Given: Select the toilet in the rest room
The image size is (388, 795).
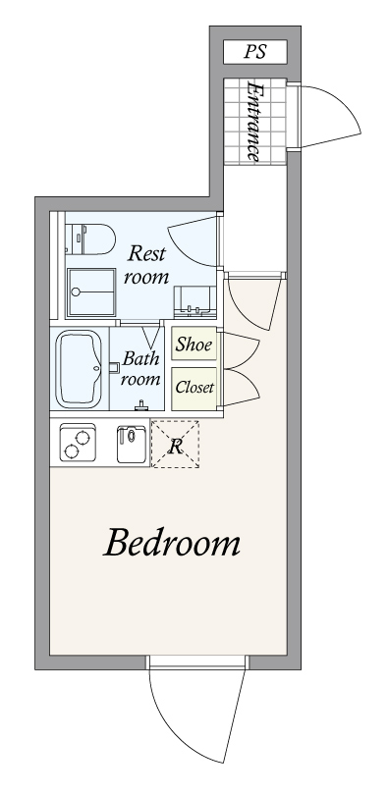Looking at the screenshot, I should point(90,238).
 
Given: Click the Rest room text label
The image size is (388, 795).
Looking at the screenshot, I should point(148,264).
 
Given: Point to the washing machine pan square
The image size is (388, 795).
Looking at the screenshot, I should point(92,291).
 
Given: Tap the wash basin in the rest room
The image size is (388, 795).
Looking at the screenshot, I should point(193,300).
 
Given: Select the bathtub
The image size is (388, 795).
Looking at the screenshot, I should point(80,369).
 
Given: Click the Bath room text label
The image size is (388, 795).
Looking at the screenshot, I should point(140,369).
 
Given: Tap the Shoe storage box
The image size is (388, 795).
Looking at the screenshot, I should point(194,344).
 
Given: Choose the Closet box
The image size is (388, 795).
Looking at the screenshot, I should point(194,387).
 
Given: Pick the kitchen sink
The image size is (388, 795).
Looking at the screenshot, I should point(131,443).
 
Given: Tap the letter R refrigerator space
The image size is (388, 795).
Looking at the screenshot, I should point(176,446).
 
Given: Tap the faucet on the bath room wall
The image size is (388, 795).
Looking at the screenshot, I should point(143,405).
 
